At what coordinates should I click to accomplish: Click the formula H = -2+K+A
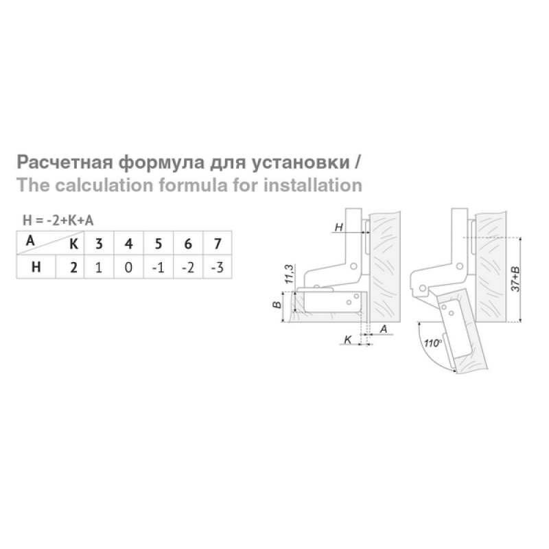click(x=58, y=220)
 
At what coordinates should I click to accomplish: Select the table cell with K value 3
click(x=99, y=243)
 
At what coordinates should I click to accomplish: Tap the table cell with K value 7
click(x=218, y=243)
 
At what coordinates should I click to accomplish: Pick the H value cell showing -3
click(x=218, y=267)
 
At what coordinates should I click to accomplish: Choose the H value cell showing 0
click(x=128, y=267)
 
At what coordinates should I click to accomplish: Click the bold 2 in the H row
click(x=73, y=268)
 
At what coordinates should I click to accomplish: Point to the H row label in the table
click(x=36, y=267)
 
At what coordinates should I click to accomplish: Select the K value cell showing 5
click(x=159, y=243)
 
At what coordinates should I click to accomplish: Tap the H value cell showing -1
click(x=159, y=267)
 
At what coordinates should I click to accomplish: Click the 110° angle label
click(x=432, y=342)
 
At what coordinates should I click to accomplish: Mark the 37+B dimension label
click(x=515, y=279)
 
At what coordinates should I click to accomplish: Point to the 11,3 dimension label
click(x=289, y=274)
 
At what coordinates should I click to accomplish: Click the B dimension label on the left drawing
click(x=277, y=305)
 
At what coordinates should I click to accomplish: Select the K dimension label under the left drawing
click(x=348, y=339)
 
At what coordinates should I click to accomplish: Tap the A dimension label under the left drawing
click(x=384, y=329)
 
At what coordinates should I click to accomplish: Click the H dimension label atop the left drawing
click(x=338, y=227)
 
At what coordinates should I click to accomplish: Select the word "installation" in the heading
click(x=313, y=185)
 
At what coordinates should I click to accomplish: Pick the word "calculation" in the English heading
click(x=104, y=185)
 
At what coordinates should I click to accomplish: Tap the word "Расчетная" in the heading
click(x=65, y=163)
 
